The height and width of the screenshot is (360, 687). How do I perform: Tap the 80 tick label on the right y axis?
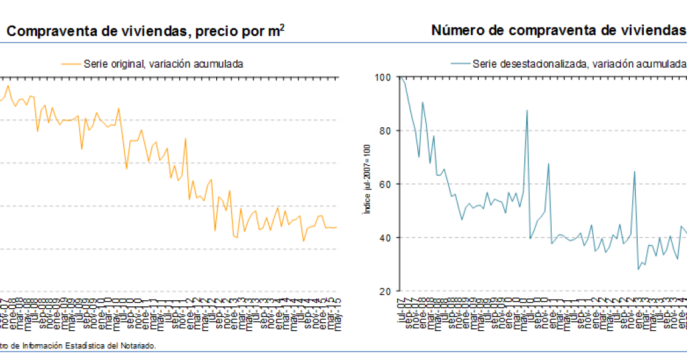pos(386,130)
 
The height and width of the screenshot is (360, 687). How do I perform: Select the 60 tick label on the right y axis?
pos(386,184)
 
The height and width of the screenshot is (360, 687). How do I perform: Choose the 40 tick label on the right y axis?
pos(386,238)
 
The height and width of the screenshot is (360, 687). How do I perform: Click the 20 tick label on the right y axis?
pos(386,291)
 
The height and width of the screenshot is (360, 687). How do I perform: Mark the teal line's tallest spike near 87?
pos(527,110)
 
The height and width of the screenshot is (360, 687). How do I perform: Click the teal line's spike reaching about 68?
pos(549,163)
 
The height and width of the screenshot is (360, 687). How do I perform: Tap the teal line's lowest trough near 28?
pos(638,269)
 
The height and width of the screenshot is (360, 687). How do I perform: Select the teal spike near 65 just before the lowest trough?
pos(635,172)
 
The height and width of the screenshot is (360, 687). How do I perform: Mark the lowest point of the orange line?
pos(303,241)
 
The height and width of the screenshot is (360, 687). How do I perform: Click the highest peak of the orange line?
pos(8,85)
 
